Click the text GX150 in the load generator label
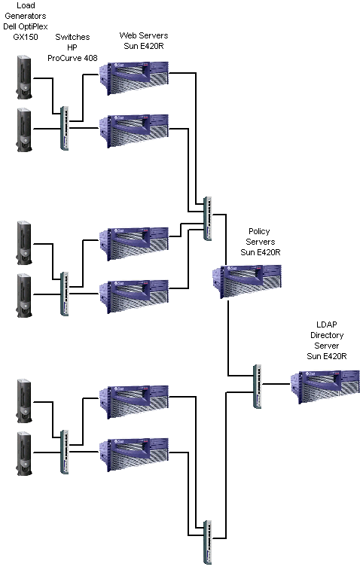pos(26,37)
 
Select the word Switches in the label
pos(72,37)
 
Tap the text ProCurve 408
pos(72,58)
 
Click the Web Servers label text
pos(144,35)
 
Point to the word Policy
pos(259,231)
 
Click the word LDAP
pos(327,325)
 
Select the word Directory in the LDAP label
pos(327,335)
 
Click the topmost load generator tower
pos(24,78)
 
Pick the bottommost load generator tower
pos(24,453)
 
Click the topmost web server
pos(134,78)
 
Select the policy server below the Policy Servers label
pos(247,281)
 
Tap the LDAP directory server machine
pos(325,386)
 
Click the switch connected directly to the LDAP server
pos(257,386)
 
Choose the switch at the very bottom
pos(208,542)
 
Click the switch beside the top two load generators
pos(65,128)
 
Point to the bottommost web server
pos(134,455)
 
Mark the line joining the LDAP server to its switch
pos(276,384)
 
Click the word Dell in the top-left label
pos(10,26)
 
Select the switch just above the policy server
pos(208,218)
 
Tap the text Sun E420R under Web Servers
pos(144,46)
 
